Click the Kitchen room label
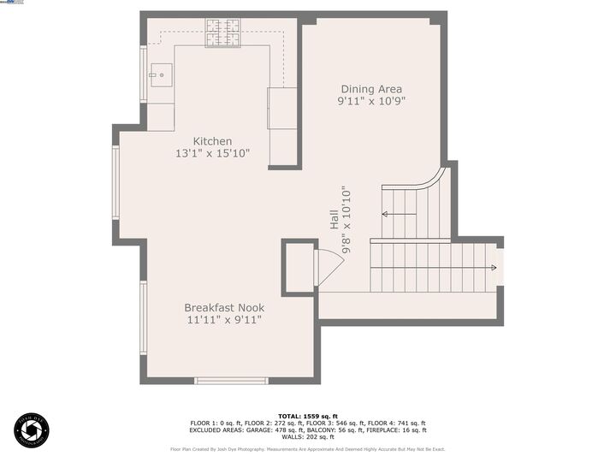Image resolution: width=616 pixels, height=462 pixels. (212, 141)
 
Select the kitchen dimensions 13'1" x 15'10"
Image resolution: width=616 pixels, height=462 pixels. (212, 154)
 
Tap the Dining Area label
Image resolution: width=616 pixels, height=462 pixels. (371, 89)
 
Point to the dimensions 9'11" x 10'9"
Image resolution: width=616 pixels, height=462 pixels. (371, 101)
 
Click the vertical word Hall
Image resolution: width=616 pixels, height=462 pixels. (334, 220)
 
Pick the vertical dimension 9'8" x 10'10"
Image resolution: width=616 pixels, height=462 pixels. (346, 220)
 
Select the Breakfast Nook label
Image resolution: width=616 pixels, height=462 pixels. (224, 307)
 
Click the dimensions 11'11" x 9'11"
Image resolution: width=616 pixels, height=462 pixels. (224, 320)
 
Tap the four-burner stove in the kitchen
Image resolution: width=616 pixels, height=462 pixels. (222, 33)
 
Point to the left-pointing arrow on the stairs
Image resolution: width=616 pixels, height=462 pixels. (399, 214)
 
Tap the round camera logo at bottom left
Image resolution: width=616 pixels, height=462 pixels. (32, 430)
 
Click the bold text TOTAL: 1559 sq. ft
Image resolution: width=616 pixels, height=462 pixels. (307, 416)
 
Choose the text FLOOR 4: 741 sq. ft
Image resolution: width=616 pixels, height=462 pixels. (397, 423)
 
